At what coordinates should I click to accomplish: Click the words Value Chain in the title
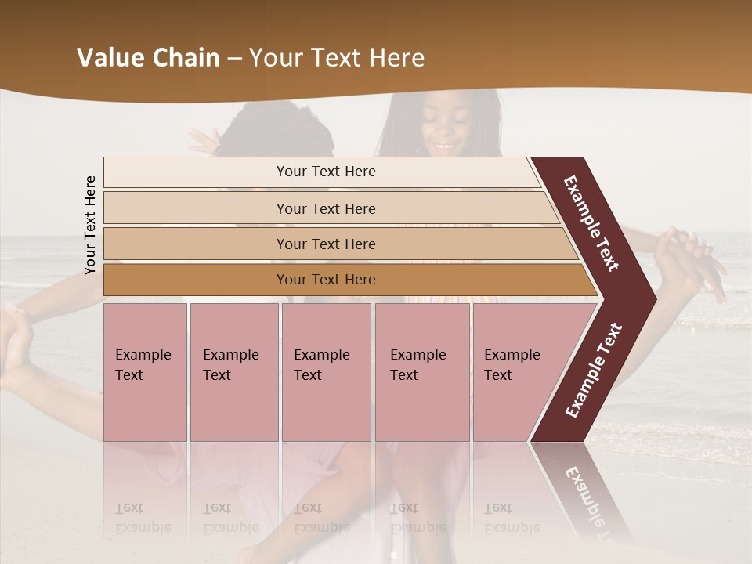[x=148, y=58]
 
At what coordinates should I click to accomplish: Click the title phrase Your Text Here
[x=337, y=58]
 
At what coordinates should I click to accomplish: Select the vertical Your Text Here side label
[x=90, y=225]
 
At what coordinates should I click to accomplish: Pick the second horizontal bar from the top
[x=326, y=208]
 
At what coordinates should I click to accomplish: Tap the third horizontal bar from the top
[x=326, y=244]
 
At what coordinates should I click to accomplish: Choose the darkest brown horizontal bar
[x=326, y=280]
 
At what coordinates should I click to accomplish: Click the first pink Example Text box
[x=145, y=372]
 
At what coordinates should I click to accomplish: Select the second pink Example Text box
[x=233, y=372]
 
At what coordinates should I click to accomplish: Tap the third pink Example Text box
[x=326, y=372]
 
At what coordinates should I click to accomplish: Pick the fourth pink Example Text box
[x=421, y=372]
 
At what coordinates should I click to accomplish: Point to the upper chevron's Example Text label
[x=591, y=224]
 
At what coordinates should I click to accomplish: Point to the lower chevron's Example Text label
[x=594, y=370]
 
